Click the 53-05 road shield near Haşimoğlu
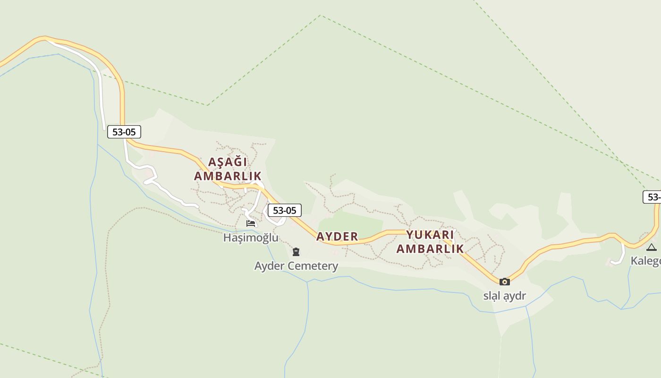coord(284,210)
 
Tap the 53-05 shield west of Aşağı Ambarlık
coord(124,132)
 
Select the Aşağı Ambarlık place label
coord(228,169)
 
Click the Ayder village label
coord(337,237)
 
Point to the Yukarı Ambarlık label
coord(430,241)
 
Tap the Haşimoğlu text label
coord(251,238)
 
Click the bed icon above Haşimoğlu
coord(251,223)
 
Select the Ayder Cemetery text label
coord(296,266)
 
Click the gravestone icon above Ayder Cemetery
coord(296,252)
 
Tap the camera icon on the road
coord(504,282)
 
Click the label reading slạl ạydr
coord(504,296)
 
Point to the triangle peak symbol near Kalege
coord(652,247)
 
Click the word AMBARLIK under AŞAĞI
coord(228,176)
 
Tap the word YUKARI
coord(430,235)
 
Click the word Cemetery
coord(314,266)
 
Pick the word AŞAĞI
coord(228,162)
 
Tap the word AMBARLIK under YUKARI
coord(430,249)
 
